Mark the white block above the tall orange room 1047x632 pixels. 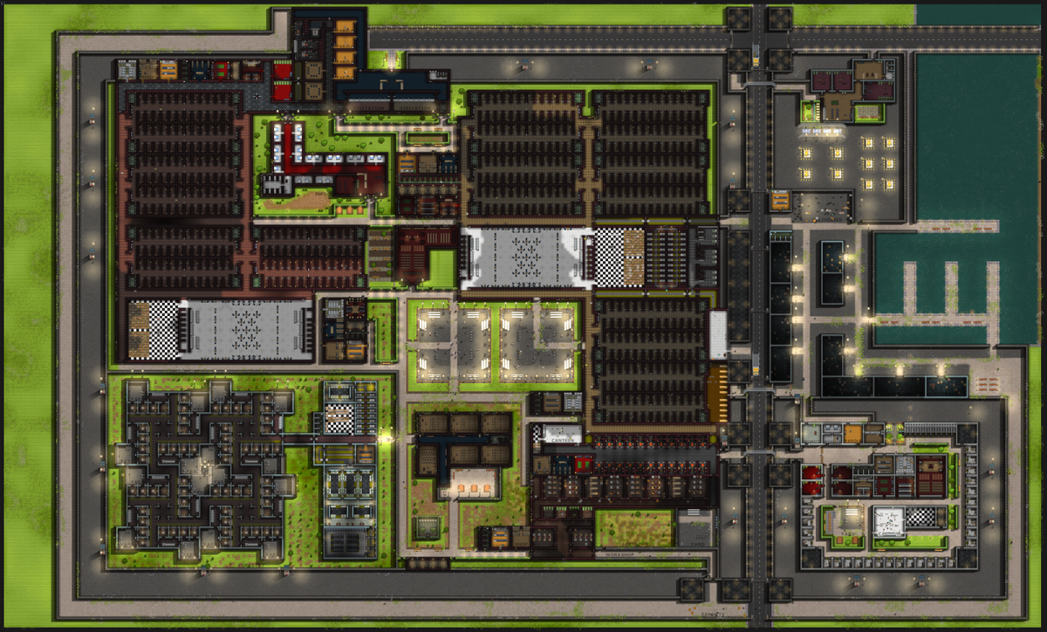point(718,334)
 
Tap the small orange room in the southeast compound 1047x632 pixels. point(852,433)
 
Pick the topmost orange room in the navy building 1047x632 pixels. point(346,26)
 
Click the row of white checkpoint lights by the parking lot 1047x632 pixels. point(821,131)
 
